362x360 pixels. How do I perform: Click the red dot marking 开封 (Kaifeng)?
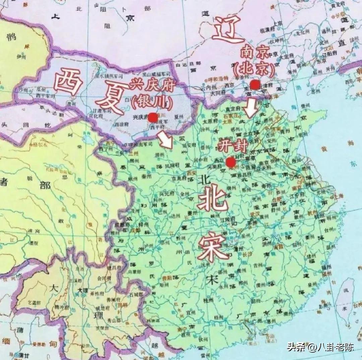point(230,162)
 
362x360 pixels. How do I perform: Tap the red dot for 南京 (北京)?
point(255,85)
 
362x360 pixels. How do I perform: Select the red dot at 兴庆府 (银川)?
point(153,117)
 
